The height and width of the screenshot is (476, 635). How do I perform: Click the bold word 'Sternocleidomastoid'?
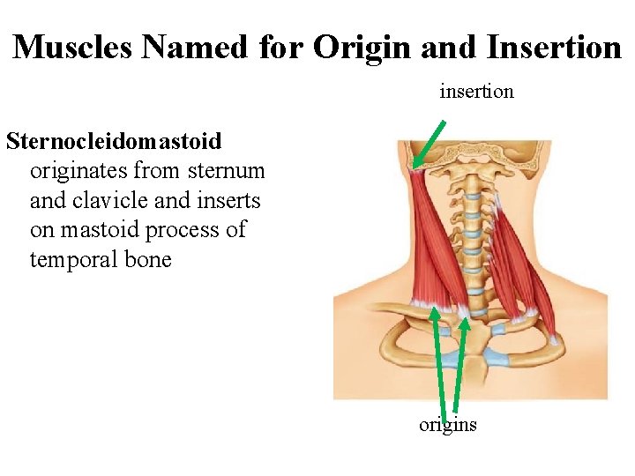(114, 140)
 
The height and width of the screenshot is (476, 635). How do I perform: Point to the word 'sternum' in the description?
(227, 170)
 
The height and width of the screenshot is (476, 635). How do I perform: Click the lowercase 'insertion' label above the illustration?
(476, 91)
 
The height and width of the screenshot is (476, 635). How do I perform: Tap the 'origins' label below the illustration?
(447, 425)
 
